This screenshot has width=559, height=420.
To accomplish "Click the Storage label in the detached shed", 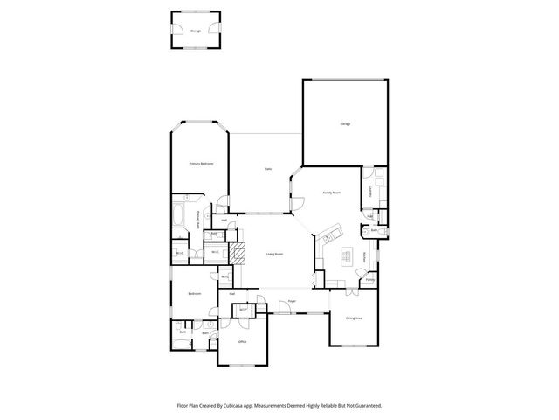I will click(196, 31).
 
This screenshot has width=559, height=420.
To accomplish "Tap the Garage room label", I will click(345, 124).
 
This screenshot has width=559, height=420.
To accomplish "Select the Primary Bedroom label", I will click(201, 164).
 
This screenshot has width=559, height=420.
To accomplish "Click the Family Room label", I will click(331, 192).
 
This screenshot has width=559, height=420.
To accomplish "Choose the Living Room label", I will click(274, 254).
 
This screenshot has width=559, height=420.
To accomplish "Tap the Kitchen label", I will click(364, 256).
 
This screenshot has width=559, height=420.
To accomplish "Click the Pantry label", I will click(370, 280).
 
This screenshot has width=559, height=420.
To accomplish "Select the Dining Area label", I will click(353, 318).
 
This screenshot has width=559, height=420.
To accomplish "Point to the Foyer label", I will click(292, 302).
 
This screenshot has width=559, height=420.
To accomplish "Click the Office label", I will click(242, 343).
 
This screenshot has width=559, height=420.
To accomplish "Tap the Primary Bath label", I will click(198, 220).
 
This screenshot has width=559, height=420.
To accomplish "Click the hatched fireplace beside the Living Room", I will click(237, 254).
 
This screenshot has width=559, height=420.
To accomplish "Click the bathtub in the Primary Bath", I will click(178, 215).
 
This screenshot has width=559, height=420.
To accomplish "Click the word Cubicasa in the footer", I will click(238, 406).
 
